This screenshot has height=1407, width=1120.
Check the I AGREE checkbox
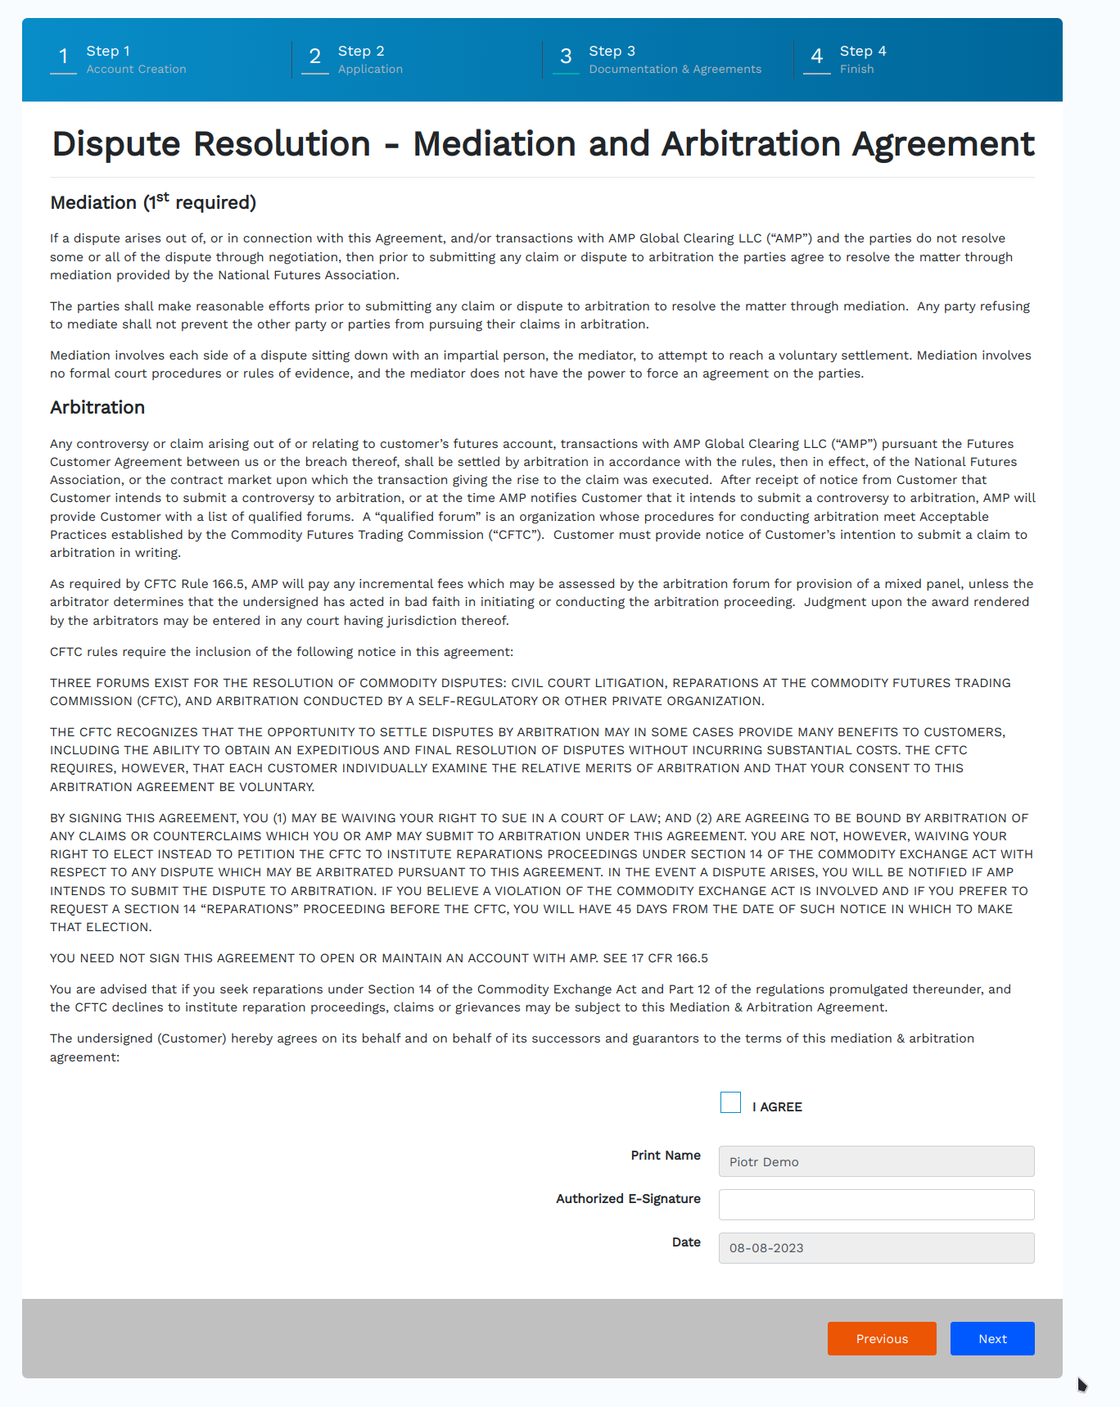[730, 1102]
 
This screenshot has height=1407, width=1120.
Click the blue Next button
[992, 1338]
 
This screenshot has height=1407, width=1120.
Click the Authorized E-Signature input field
[876, 1205]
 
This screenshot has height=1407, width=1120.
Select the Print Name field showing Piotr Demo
[876, 1161]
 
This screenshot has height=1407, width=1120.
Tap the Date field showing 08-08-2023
[876, 1248]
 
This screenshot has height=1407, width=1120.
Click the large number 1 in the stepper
[63, 57]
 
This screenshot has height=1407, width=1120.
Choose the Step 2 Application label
[369, 60]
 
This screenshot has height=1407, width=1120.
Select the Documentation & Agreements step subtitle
[675, 70]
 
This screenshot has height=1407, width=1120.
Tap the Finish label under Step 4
[856, 70]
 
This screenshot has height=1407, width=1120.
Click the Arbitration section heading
[97, 408]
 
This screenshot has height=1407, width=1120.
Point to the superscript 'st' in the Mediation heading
[162, 197]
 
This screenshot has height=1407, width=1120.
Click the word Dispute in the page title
[116, 144]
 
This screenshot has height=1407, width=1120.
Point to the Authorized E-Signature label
[628, 1199]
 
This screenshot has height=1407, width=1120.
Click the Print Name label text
[665, 1156]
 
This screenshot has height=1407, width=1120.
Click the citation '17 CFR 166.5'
[670, 958]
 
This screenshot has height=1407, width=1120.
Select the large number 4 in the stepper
[816, 57]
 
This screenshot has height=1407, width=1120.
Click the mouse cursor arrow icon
[1082, 1384]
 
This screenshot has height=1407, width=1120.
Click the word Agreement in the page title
[943, 144]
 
